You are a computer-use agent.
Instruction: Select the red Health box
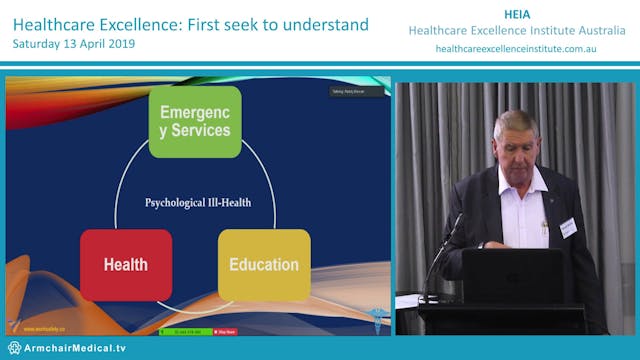(x=126, y=265)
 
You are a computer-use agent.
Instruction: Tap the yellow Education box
(x=264, y=265)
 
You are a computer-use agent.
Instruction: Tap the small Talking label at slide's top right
(x=349, y=94)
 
